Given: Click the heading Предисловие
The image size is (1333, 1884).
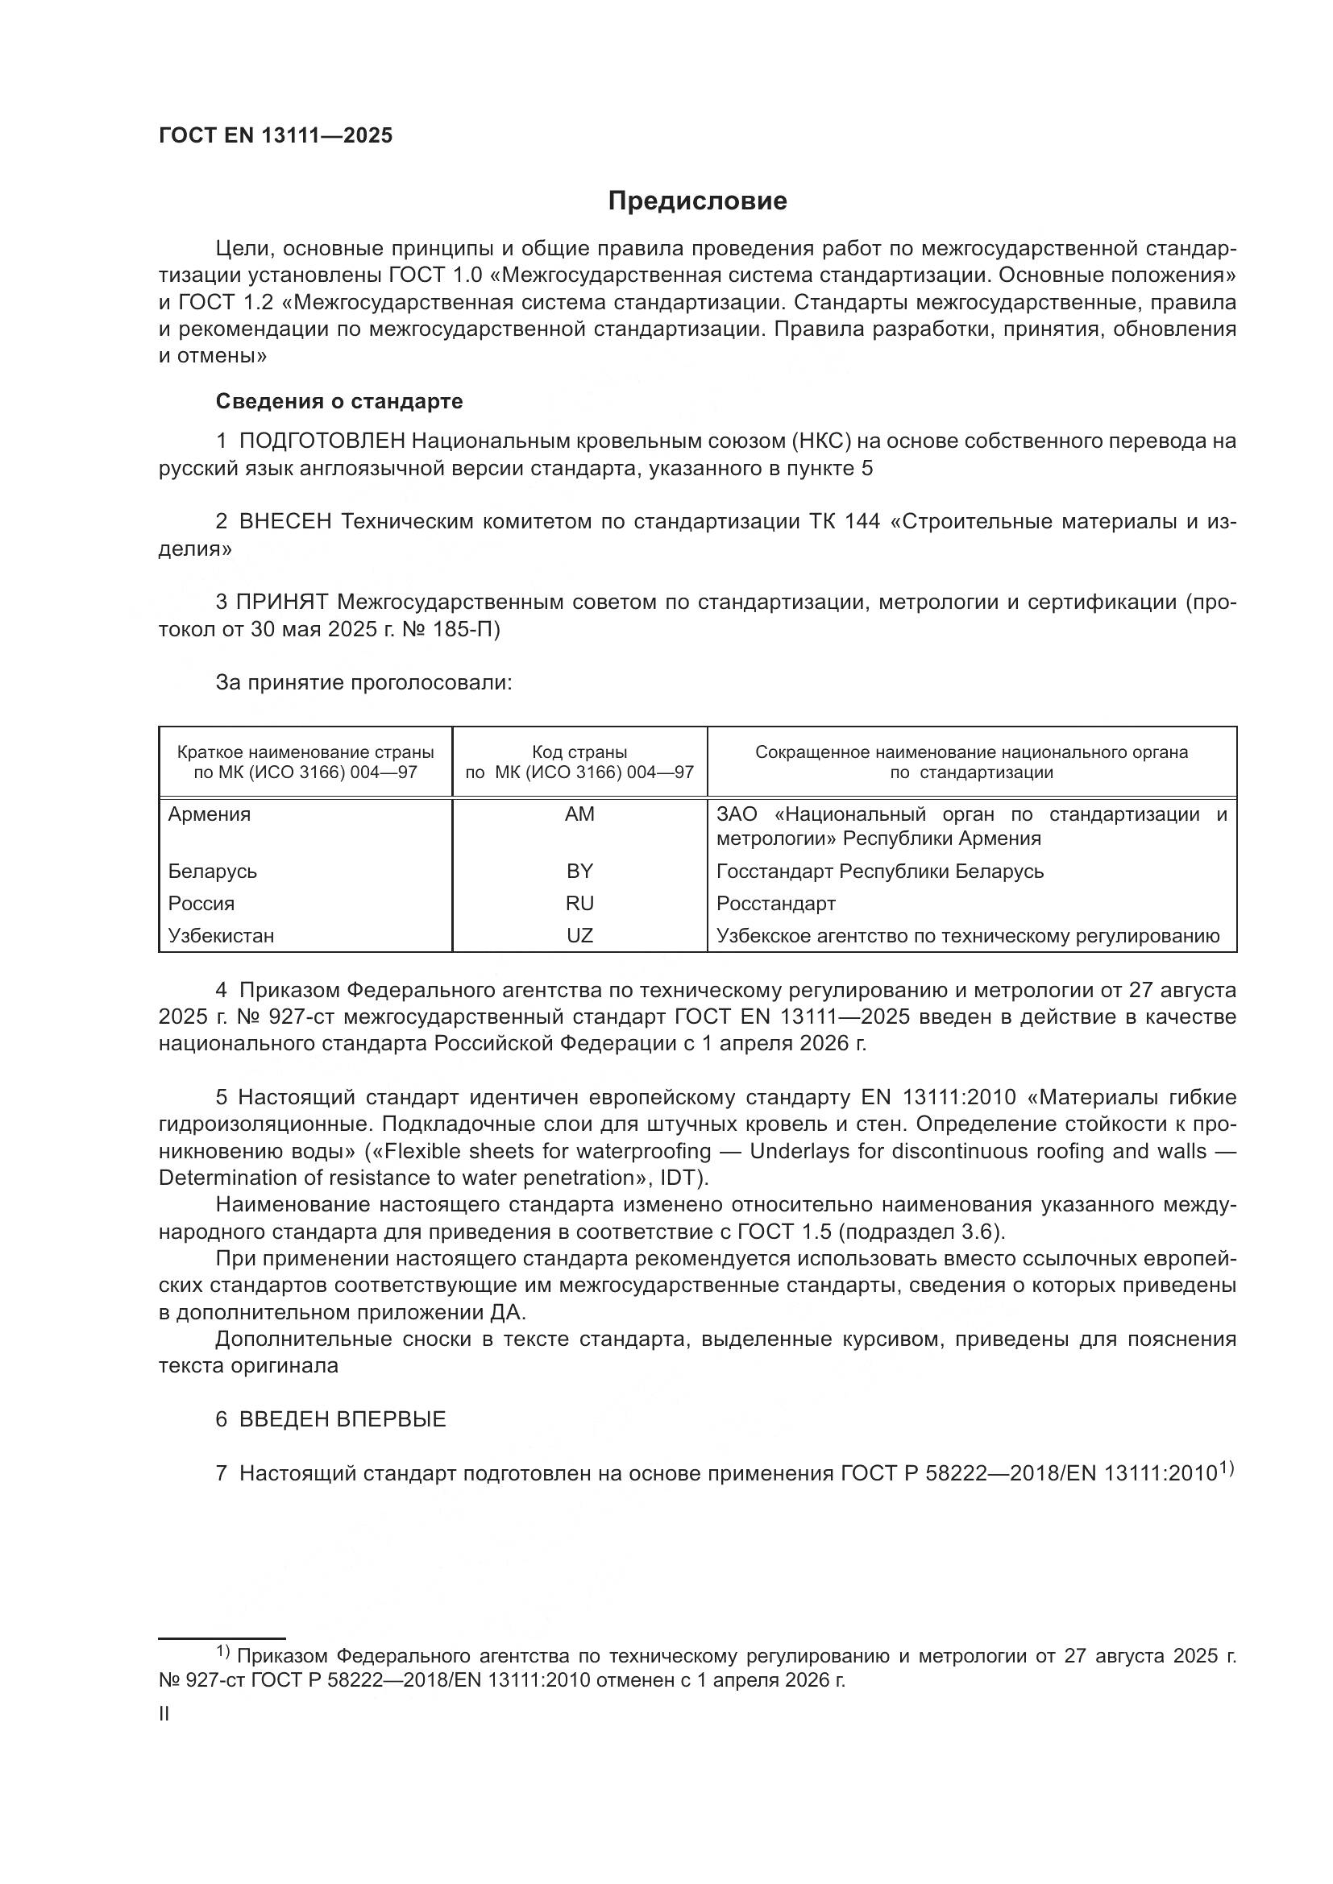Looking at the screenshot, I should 697,201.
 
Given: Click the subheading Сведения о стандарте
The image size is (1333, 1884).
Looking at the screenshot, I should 339,401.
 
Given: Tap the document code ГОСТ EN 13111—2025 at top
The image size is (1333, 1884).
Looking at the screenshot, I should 276,136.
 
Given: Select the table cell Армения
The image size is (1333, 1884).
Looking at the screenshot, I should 210,814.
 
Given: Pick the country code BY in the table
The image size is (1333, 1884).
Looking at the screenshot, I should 579,871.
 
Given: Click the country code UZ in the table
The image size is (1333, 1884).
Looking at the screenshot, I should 579,935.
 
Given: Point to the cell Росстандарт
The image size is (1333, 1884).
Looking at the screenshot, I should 775,904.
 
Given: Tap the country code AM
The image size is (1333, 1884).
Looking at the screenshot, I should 579,814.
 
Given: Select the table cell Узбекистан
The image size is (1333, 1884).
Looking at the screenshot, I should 221,935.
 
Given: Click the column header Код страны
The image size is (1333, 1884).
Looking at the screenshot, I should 579,752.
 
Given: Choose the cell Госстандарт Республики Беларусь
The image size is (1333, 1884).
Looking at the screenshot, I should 880,871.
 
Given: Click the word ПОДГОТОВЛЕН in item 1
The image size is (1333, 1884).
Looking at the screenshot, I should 322,441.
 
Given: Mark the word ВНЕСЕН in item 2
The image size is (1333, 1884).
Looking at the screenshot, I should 284,522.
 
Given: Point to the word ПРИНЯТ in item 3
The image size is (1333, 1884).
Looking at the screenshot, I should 282,602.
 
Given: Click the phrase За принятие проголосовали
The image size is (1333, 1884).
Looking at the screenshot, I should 363,683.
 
